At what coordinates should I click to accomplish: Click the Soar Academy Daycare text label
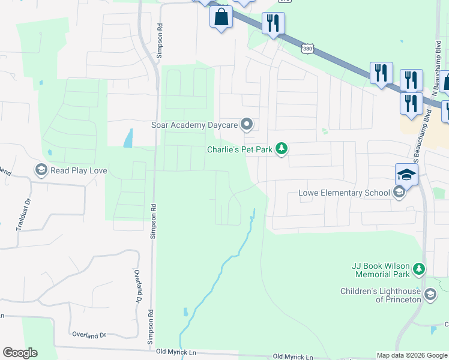pos(194,125)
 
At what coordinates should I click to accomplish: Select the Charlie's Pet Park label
pos(240,149)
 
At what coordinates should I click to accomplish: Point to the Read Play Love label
pos(79,170)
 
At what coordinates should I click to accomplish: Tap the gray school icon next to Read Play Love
pos(41,170)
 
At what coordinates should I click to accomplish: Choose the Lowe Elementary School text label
pos(344,193)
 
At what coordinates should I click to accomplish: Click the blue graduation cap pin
pos(406,175)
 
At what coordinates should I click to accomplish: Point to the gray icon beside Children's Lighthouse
pos(430,294)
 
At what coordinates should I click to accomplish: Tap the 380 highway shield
pos(307,47)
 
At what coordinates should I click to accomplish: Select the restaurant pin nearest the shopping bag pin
pos(273,23)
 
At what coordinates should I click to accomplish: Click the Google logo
pos(20,353)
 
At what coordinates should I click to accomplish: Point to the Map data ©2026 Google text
pos(412,355)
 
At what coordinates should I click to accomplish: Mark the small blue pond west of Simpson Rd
pos(128,139)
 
